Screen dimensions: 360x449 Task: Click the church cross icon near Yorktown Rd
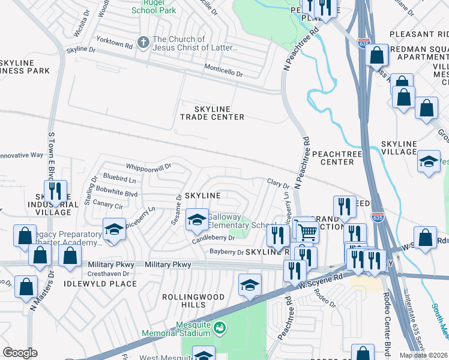pos(143,43)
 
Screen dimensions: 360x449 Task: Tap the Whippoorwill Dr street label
pos(148,166)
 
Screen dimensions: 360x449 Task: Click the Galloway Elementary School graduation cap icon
pos(196,220)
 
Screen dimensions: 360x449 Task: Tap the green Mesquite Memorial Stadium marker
pos(220,328)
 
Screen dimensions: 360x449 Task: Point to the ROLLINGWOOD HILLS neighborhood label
pos(194,301)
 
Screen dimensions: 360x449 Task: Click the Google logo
pos(20,353)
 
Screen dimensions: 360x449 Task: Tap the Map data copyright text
pos(424,355)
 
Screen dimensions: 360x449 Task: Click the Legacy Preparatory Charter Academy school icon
pos(113,229)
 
